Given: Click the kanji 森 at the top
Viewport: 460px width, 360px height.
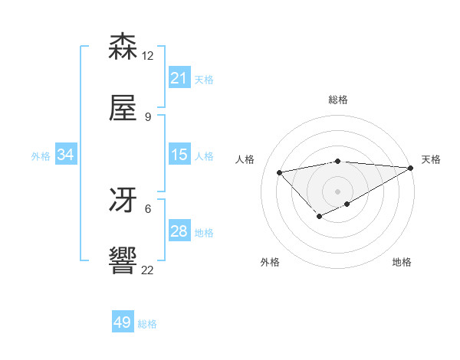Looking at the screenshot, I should (x=123, y=47).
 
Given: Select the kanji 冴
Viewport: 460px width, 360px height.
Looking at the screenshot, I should (x=123, y=200).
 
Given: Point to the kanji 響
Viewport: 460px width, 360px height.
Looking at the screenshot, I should (x=123, y=261).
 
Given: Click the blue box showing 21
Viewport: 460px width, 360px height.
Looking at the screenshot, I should (x=179, y=78).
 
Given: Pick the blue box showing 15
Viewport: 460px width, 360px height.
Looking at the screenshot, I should (x=179, y=155).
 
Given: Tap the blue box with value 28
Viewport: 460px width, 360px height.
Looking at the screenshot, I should (x=179, y=231).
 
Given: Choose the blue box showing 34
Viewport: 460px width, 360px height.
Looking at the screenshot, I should (x=66, y=155).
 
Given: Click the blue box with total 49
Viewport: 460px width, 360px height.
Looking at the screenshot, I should (x=123, y=322).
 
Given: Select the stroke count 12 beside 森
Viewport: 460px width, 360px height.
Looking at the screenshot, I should (x=148, y=56).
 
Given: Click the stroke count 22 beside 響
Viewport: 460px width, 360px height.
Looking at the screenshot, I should (x=148, y=270).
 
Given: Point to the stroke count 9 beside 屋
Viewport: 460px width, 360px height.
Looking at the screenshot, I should (x=148, y=116).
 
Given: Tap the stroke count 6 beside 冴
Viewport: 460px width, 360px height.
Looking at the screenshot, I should (x=148, y=208).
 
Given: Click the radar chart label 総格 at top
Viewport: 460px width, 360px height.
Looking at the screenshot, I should (x=337, y=100).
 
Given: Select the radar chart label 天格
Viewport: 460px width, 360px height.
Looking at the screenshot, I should (x=431, y=159).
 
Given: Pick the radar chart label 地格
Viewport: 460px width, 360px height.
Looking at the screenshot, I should (x=402, y=262).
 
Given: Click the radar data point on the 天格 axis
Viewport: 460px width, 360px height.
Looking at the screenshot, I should (x=411, y=168).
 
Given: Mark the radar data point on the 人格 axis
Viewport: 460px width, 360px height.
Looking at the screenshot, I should (x=279, y=172).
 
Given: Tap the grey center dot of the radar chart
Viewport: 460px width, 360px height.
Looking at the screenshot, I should (x=337, y=191).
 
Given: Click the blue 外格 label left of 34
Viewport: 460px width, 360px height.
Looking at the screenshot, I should (x=41, y=156).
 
